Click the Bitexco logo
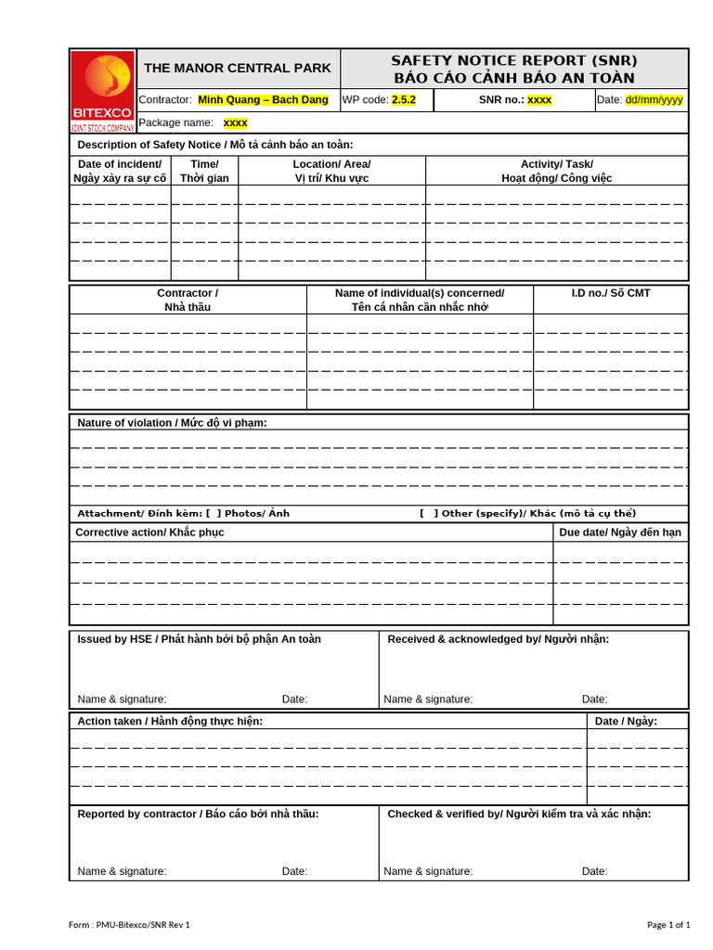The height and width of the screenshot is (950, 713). click(x=102, y=91)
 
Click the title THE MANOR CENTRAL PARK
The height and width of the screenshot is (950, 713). click(x=238, y=68)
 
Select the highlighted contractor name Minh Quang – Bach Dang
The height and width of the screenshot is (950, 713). click(x=263, y=99)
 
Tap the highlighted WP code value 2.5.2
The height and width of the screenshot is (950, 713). click(x=404, y=99)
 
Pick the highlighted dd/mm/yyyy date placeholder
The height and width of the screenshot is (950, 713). click(x=654, y=99)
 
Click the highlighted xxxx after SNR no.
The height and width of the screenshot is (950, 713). click(x=539, y=99)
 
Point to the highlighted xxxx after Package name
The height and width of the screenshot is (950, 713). click(x=236, y=122)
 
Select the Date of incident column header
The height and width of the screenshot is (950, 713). click(x=120, y=171)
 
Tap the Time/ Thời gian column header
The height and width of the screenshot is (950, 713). click(x=204, y=171)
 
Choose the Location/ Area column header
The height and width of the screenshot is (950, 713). click(x=331, y=171)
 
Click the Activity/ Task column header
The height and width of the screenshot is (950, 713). click(x=556, y=171)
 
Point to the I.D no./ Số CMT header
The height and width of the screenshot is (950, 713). click(x=610, y=293)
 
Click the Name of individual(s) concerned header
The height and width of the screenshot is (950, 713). click(x=420, y=300)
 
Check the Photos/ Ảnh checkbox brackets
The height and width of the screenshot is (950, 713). click(x=213, y=513)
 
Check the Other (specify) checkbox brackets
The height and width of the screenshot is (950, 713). click(x=429, y=513)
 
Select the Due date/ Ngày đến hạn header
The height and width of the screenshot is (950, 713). click(x=620, y=533)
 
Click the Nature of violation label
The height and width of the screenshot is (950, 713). click(x=172, y=423)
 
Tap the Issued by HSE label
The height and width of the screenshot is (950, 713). click(x=199, y=639)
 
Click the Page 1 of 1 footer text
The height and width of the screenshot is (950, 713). click(x=668, y=924)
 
